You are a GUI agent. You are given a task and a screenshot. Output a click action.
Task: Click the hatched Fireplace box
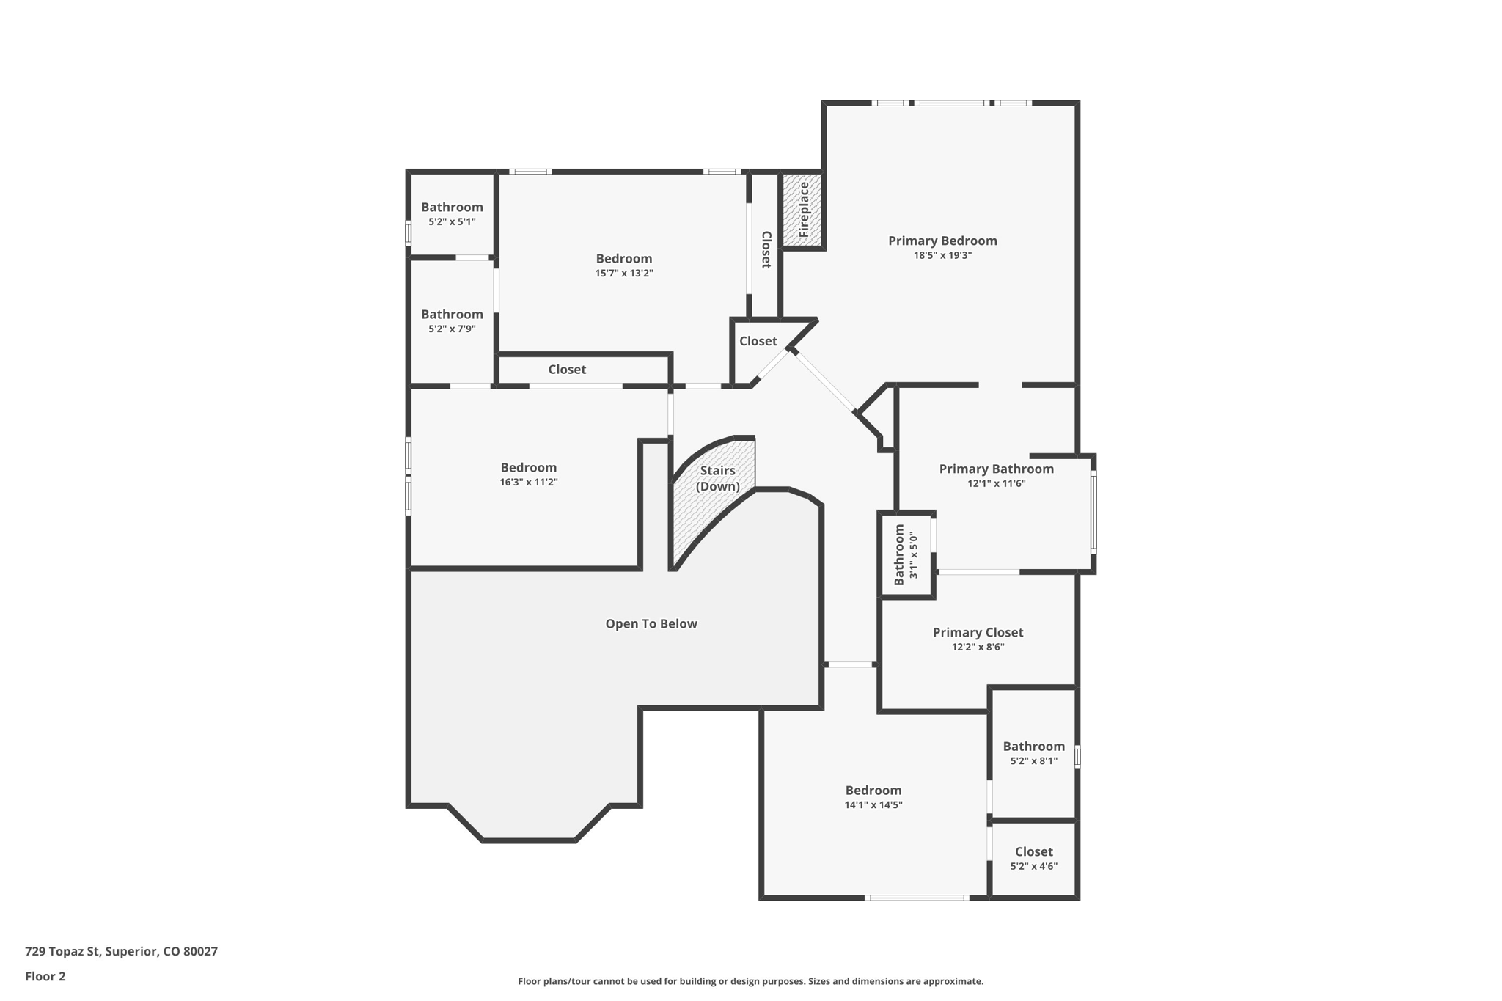click(802, 210)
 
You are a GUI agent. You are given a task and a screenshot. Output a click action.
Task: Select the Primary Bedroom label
click(942, 241)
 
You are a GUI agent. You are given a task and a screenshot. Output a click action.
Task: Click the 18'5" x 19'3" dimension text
click(942, 255)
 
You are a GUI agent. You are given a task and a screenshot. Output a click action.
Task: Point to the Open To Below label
click(651, 623)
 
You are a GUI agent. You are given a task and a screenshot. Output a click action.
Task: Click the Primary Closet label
click(978, 632)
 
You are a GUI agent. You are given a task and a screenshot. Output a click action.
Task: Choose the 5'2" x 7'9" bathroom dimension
click(452, 329)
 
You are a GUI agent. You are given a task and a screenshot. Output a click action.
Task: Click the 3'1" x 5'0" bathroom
click(906, 555)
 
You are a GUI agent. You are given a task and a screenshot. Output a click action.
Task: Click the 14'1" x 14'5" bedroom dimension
click(873, 804)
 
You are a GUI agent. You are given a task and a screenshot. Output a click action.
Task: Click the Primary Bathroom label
click(996, 469)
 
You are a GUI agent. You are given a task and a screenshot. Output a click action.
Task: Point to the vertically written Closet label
click(766, 249)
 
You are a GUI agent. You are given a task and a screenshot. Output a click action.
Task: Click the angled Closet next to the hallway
click(758, 341)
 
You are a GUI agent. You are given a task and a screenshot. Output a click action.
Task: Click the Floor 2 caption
click(45, 976)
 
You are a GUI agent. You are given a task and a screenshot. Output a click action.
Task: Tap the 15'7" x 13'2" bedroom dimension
click(623, 274)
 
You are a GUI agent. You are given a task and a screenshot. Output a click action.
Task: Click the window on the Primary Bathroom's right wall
click(1093, 512)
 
